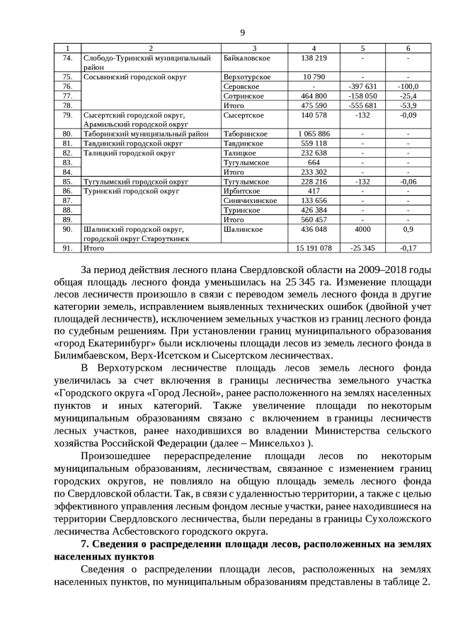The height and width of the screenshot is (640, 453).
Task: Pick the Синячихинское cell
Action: tap(250, 200)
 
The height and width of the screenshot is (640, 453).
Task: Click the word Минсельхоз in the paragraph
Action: tap(285, 443)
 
